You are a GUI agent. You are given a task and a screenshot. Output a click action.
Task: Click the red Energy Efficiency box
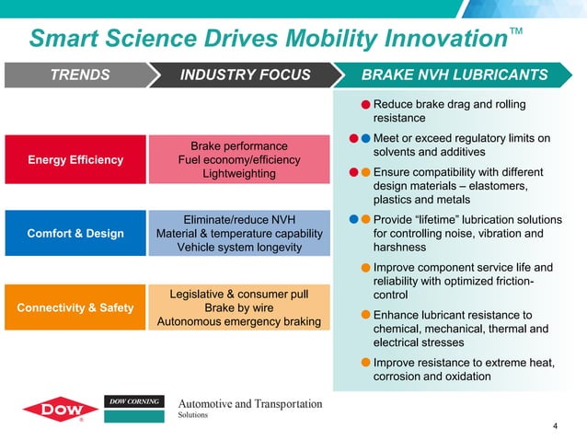tap(75, 160)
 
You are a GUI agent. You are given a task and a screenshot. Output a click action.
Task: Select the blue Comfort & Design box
tap(75, 234)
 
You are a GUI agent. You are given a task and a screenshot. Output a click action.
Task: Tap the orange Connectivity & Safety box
tap(75, 307)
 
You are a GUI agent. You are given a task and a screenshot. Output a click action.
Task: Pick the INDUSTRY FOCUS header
tap(245, 75)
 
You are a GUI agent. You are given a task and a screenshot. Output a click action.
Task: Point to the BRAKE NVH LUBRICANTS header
tap(455, 75)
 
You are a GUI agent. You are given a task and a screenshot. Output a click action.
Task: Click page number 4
tap(555, 425)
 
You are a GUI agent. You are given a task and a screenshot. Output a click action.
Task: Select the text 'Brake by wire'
tap(239, 307)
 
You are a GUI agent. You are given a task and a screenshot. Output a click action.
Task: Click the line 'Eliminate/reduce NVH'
tap(239, 220)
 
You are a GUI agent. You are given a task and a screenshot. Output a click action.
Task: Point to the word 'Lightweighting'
tap(239, 174)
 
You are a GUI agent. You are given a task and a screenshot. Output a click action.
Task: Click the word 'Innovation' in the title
tap(429, 40)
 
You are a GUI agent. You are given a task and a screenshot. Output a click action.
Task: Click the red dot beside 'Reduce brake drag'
tap(365, 105)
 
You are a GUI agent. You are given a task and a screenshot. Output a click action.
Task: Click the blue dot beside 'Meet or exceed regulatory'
tap(365, 139)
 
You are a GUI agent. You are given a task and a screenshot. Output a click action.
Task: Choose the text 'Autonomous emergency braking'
tap(239, 321)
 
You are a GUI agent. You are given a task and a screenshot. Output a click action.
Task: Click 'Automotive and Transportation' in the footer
tap(249, 404)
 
